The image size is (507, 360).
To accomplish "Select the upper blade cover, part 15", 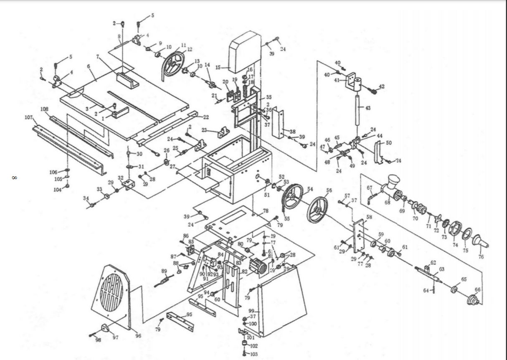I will click(x=245, y=51).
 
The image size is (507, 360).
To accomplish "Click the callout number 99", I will click(x=251, y=312).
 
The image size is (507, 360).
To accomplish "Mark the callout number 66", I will click(x=478, y=289).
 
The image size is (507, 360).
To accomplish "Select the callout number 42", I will click(x=381, y=86).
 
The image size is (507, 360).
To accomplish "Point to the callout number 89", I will click(x=164, y=271).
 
